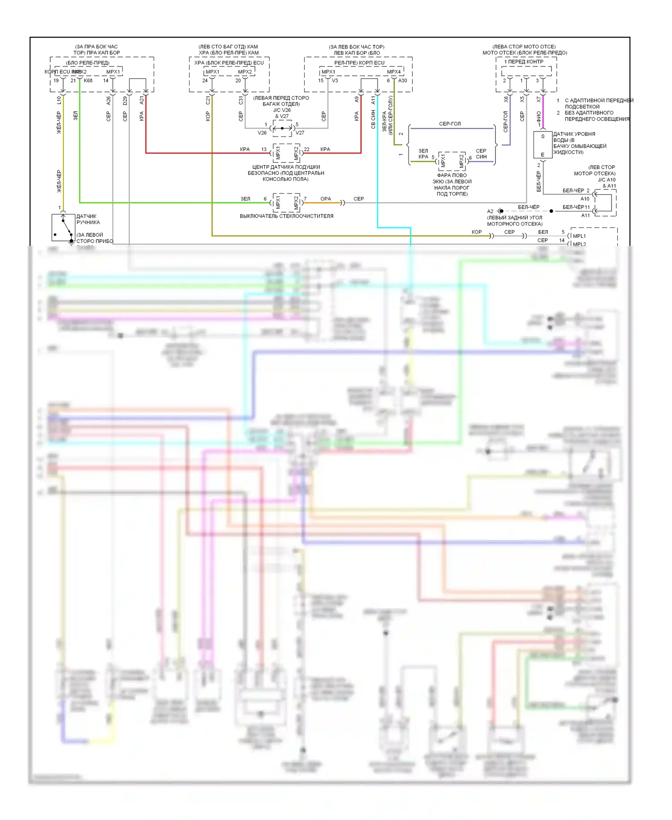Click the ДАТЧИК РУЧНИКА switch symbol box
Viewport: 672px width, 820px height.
63,227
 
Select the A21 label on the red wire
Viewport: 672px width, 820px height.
142,101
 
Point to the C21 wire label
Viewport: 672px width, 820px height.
207,100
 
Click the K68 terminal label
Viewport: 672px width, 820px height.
88,81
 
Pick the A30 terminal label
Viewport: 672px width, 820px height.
402,81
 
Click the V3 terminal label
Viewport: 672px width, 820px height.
335,81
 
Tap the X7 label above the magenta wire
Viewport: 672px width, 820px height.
538,100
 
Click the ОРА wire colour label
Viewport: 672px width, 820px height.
326,199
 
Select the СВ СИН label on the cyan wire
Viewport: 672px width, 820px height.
373,119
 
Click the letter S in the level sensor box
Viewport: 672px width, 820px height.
543,136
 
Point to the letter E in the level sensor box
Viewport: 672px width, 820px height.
543,154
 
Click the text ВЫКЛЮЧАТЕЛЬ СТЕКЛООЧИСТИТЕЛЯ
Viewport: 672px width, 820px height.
286,216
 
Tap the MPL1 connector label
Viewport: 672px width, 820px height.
579,236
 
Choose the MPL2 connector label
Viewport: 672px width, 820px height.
579,244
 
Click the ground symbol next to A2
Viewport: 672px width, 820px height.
500,211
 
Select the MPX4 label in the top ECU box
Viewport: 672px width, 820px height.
394,72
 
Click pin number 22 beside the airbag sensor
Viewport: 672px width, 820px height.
307,149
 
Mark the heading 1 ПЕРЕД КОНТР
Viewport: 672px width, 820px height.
524,62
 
